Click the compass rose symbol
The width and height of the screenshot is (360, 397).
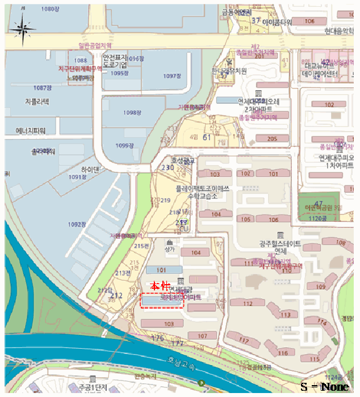[x=23, y=30]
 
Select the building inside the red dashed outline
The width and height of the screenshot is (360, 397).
[x=162, y=301]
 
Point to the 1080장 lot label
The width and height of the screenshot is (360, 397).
[x=51, y=10]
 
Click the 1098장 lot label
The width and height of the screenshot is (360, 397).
[x=132, y=113]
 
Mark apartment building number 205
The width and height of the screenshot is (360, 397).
[x=272, y=138]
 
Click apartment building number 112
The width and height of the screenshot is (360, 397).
[x=248, y=303]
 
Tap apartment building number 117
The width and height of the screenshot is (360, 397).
[x=245, y=340]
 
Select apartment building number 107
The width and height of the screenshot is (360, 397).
[x=202, y=336]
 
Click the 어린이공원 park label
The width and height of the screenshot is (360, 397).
[x=323, y=208]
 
